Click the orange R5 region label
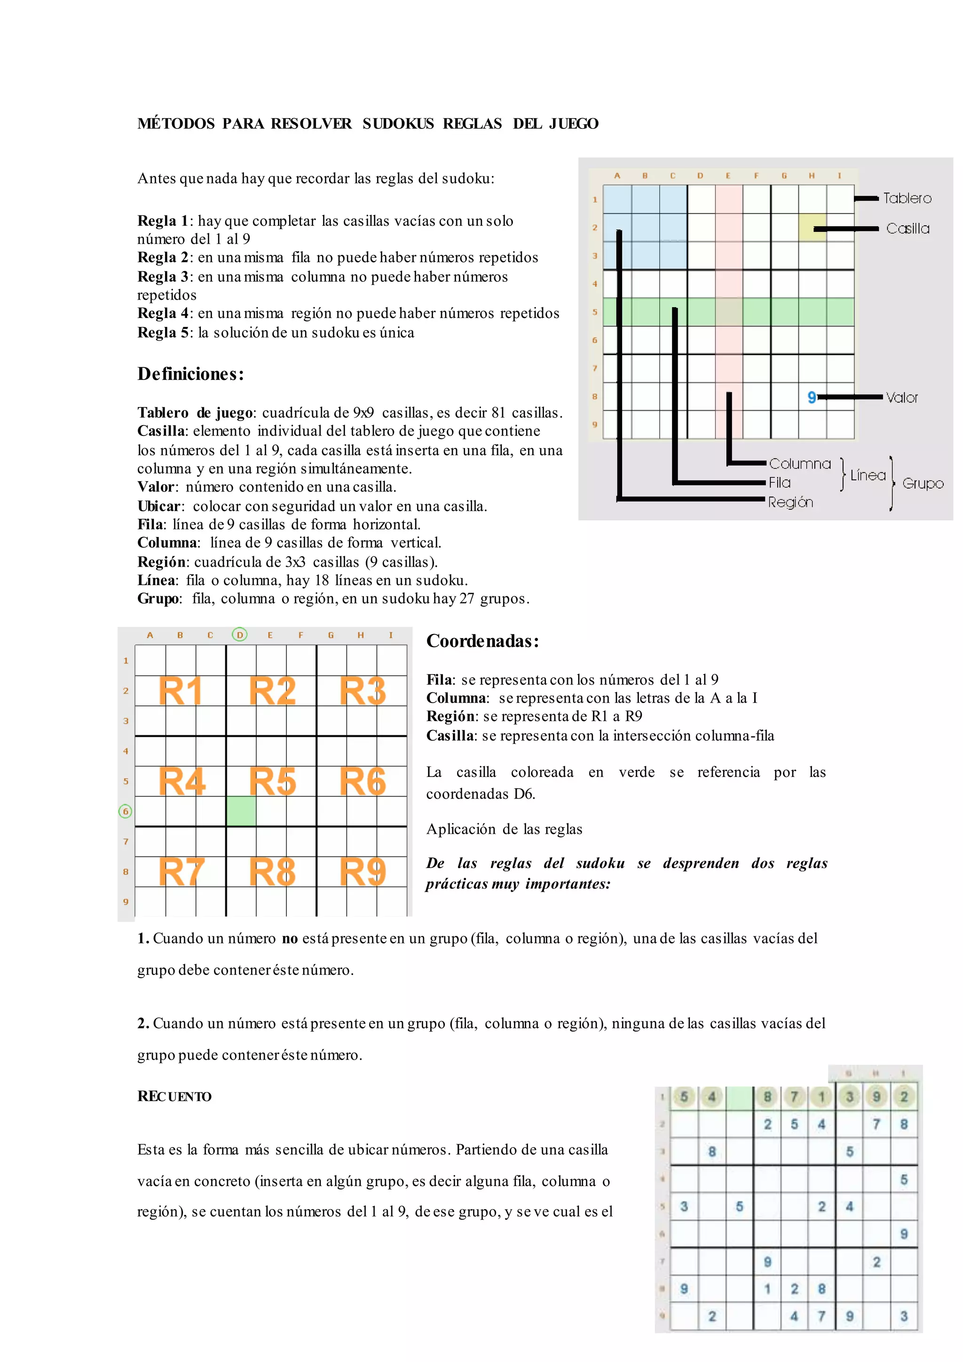(x=272, y=781)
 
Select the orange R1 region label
(x=180, y=691)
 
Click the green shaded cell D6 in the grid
(x=241, y=811)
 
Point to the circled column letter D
(x=239, y=635)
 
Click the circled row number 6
(x=125, y=811)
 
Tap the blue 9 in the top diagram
(x=812, y=397)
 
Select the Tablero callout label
(x=907, y=198)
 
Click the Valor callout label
(x=901, y=397)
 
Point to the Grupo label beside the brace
(x=923, y=483)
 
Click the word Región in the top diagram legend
(x=790, y=502)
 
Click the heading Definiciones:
(x=190, y=374)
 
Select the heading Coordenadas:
(x=482, y=641)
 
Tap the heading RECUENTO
(x=174, y=1096)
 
